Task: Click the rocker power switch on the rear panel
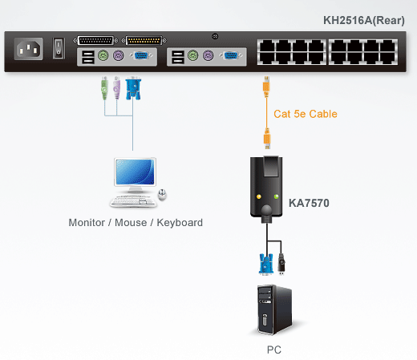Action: coord(59,49)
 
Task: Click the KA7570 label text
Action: coord(309,204)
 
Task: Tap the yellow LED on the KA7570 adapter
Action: coord(257,197)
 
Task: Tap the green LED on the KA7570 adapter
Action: coord(277,197)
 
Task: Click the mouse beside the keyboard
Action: coord(163,195)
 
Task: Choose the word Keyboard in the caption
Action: coord(181,222)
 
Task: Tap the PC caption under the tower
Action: coord(274,350)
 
